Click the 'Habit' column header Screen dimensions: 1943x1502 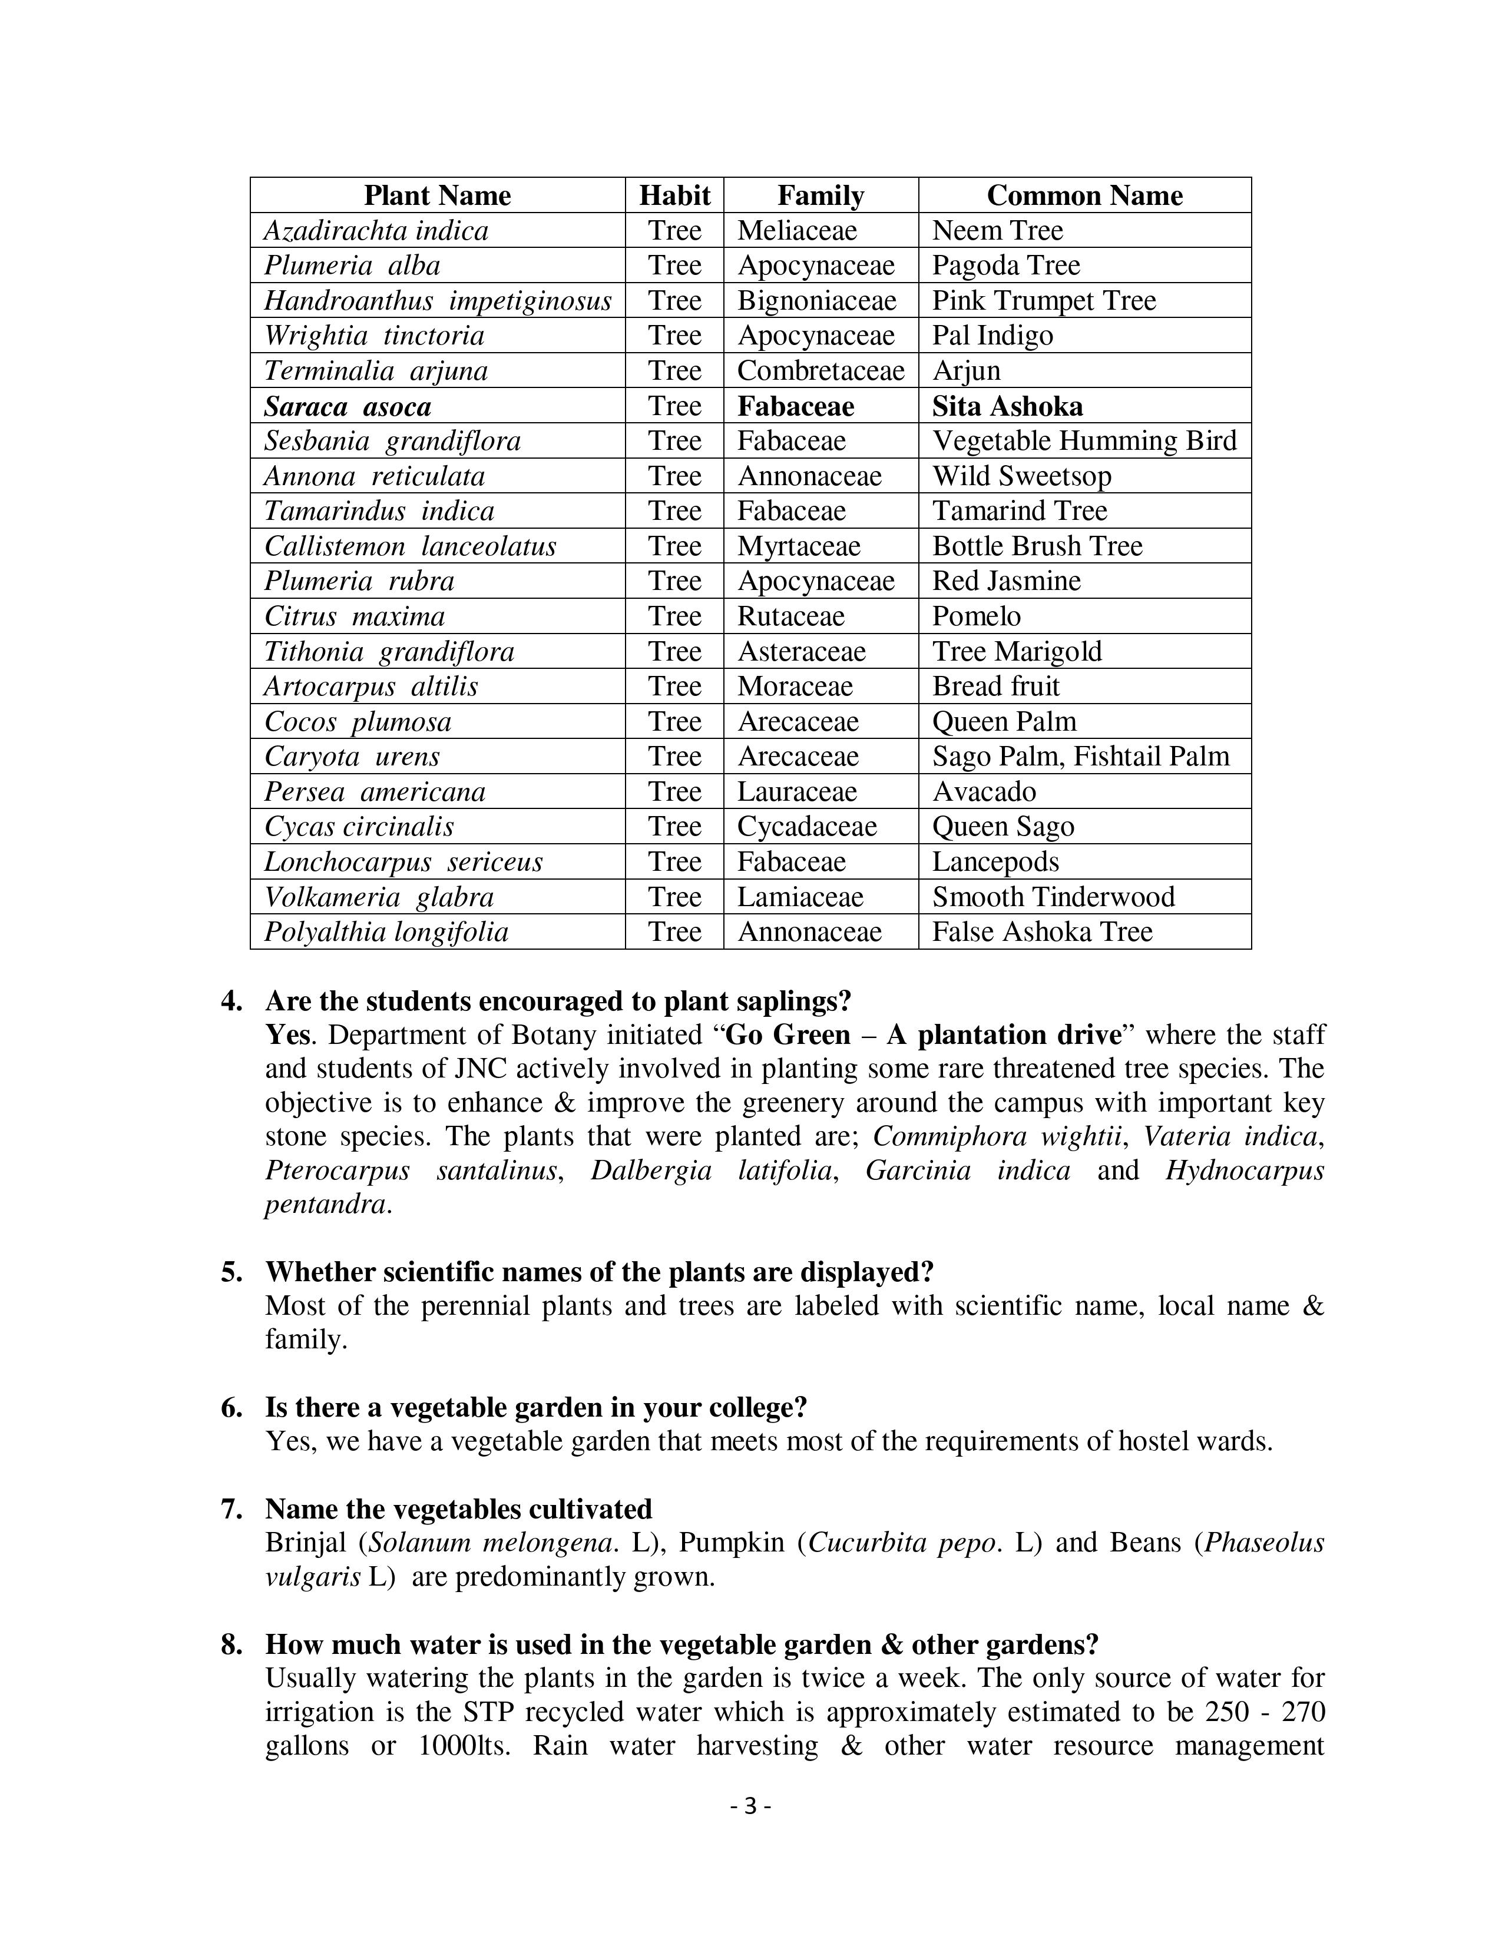coord(674,195)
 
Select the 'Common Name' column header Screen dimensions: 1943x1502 coord(1084,195)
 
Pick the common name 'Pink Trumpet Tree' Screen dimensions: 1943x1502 coord(1044,301)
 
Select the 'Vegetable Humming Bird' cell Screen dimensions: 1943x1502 coord(1084,441)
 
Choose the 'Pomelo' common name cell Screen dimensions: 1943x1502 coord(976,616)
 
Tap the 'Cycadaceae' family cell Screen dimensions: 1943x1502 coord(806,827)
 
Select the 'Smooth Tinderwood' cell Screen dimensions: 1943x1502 coord(1053,897)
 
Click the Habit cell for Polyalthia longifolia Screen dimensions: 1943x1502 coord(674,931)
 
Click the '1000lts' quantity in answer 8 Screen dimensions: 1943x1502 coord(463,1746)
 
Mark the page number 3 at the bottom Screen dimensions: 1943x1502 coord(750,1806)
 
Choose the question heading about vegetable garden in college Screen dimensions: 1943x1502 coord(535,1407)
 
